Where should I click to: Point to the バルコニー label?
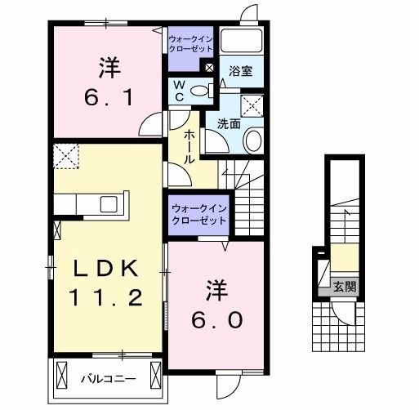tap(103, 379)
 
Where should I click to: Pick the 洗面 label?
tap(228, 123)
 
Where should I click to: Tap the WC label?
tap(178, 91)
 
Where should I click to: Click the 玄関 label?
tap(344, 286)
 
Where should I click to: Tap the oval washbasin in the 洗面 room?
tap(252, 141)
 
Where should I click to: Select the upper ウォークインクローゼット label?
tap(189, 42)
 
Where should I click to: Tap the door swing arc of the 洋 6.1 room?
tap(150, 126)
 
